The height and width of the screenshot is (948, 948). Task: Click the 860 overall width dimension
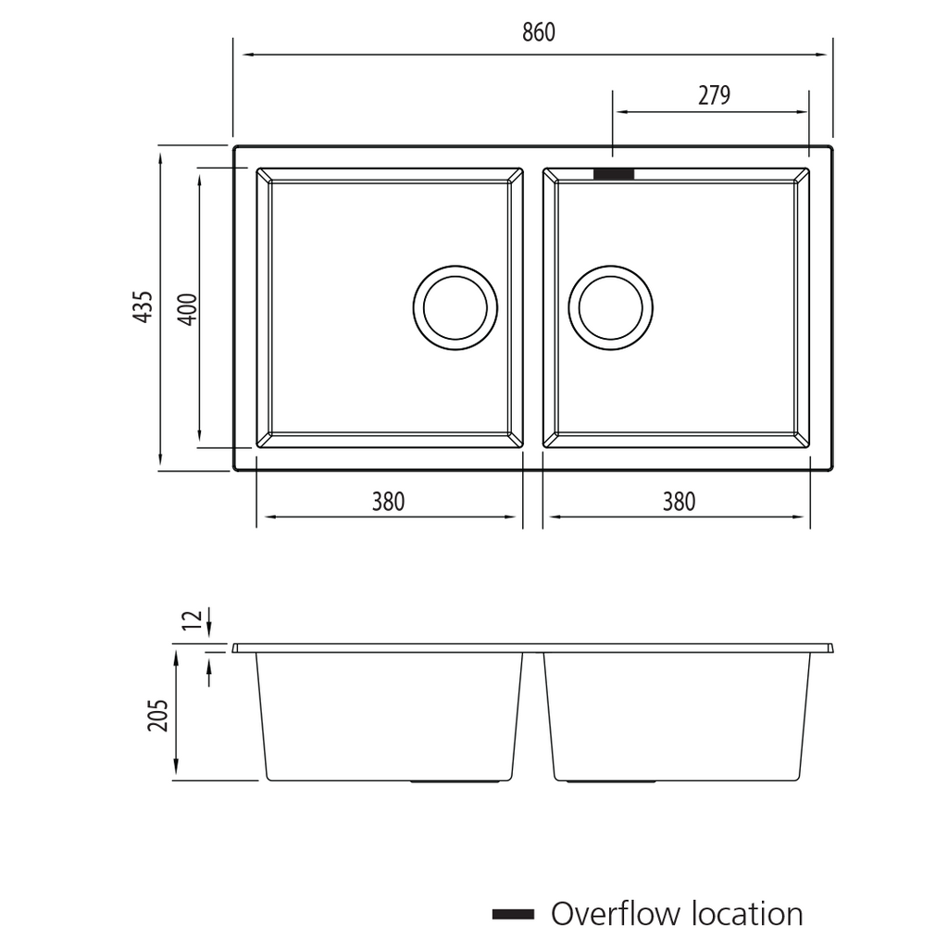point(538,32)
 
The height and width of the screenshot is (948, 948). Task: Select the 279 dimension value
point(714,95)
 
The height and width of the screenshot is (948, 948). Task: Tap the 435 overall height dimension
point(143,306)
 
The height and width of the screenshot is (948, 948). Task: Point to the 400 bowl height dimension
point(186,308)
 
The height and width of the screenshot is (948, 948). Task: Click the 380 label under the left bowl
point(389,502)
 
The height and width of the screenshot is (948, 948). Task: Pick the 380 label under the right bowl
point(679,502)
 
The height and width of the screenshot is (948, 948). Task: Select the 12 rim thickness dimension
point(193,621)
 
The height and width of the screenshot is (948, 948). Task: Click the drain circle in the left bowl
point(455,307)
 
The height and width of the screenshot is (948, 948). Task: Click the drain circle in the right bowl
point(611,307)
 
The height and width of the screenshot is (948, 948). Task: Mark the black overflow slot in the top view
point(614,174)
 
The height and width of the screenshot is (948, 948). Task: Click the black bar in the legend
point(513,915)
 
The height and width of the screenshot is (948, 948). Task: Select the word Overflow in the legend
point(615,915)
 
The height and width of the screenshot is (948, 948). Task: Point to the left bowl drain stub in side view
point(456,782)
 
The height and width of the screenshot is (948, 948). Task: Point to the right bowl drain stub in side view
point(611,782)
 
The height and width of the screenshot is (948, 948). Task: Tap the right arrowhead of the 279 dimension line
point(803,111)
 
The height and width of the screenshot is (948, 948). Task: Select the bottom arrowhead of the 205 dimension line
point(176,773)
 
